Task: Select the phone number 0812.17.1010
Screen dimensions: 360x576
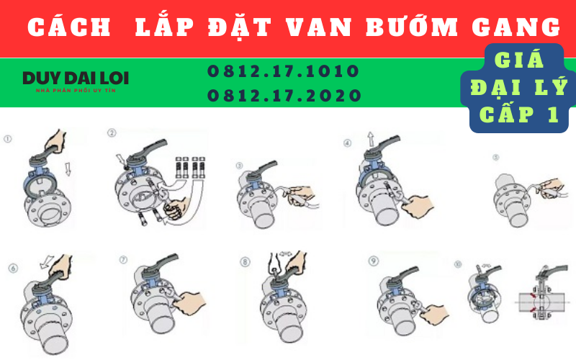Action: (x=283, y=71)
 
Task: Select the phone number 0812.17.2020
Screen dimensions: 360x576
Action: (x=283, y=95)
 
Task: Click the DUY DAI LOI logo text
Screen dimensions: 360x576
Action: (x=75, y=78)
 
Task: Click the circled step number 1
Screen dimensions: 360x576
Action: (x=8, y=137)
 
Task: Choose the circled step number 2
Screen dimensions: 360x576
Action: (x=112, y=133)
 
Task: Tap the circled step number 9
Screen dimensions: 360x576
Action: (x=372, y=260)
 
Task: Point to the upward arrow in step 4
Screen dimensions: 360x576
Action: (x=369, y=138)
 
